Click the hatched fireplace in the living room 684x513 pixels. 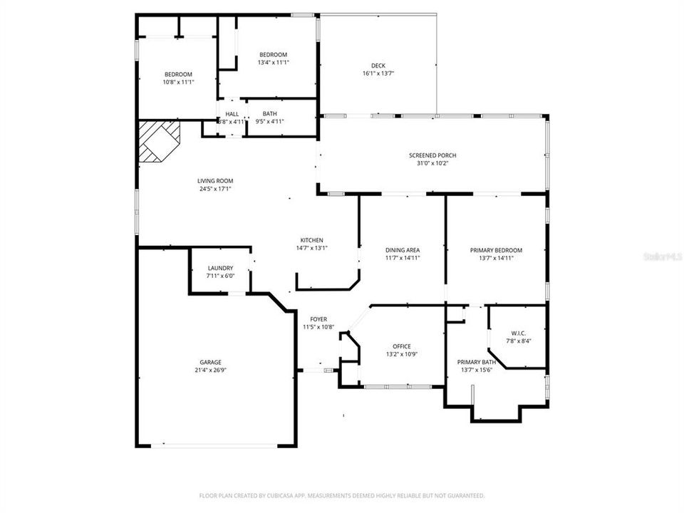[x=158, y=141]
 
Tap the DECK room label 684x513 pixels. [x=378, y=66]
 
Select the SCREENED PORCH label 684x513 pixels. [x=432, y=155]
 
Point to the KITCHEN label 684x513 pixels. [x=311, y=240]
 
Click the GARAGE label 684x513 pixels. [x=210, y=362]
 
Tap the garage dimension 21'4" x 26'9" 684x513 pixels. [x=210, y=370]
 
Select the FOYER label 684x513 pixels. [x=318, y=319]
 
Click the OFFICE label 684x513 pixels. [x=401, y=346]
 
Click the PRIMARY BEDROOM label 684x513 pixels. [x=496, y=250]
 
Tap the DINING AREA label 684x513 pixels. [x=402, y=250]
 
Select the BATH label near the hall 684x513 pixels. [x=269, y=113]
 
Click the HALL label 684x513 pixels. [x=232, y=113]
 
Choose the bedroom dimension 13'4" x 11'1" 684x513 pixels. [x=273, y=63]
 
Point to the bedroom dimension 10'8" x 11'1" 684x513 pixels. [x=178, y=82]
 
